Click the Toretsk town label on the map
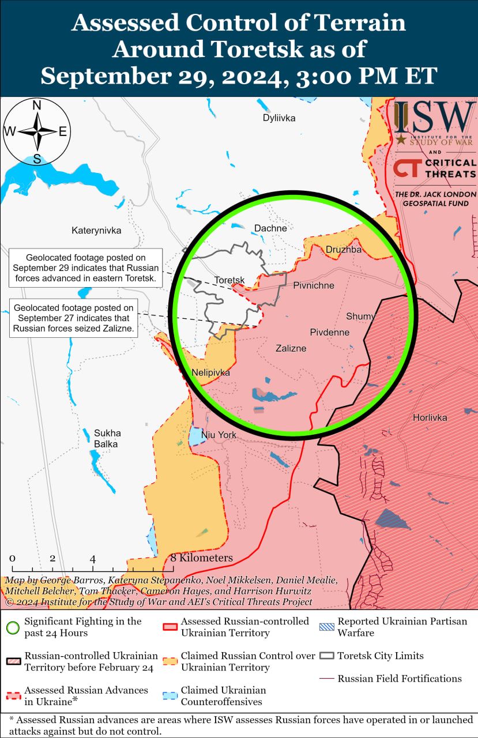tap(229, 280)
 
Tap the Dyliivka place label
tap(279, 118)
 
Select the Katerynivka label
tap(96, 231)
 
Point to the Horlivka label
tap(430, 417)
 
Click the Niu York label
tap(219, 435)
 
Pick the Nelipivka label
tap(210, 373)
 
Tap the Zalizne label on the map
tap(291, 348)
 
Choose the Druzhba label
tap(344, 250)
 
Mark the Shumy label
tap(360, 316)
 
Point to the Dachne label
tap(270, 228)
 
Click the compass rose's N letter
tap(37, 106)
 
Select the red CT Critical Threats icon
tap(407, 169)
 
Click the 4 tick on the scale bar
tap(93, 559)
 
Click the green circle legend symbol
tap(13, 627)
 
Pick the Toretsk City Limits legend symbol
tap(326, 656)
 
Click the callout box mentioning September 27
tap(73, 319)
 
